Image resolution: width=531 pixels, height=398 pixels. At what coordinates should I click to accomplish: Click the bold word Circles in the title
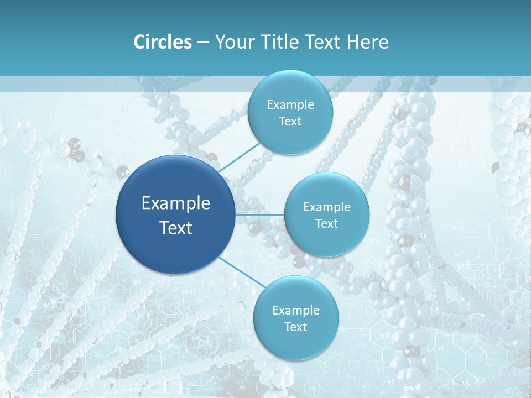point(163,42)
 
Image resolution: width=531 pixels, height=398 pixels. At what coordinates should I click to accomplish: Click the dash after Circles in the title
point(202,43)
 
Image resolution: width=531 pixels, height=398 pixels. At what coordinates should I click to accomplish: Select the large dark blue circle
point(175,249)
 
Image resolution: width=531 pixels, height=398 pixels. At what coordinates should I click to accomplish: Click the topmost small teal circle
point(290,88)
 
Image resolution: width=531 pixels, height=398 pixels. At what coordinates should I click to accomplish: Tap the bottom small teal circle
point(295,345)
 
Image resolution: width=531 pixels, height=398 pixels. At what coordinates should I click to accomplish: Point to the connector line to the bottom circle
point(241,272)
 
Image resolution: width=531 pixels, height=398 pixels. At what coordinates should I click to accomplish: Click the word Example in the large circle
point(176,203)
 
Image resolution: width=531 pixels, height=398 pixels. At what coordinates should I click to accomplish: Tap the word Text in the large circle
point(176,228)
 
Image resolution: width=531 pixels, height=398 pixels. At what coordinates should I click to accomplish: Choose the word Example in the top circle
point(290,105)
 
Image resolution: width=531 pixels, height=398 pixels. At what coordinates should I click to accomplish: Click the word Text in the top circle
point(290,122)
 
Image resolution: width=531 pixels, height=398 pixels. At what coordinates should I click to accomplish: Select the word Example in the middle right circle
point(326,207)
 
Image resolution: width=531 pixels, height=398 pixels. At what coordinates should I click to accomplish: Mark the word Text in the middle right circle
point(326,224)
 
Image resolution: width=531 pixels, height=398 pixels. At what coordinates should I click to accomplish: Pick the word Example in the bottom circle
point(295,311)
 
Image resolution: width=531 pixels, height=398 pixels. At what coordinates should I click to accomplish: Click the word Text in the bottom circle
point(295,327)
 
